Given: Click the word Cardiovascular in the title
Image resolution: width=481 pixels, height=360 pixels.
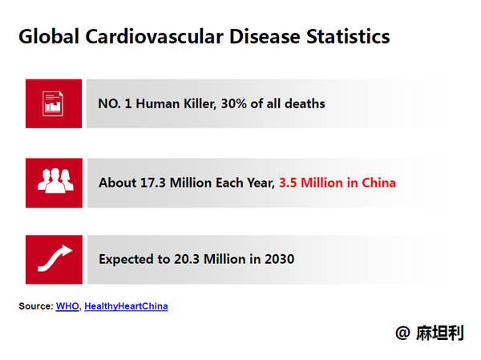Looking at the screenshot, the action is point(154,37).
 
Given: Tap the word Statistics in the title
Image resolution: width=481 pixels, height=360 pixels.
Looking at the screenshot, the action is point(348,37).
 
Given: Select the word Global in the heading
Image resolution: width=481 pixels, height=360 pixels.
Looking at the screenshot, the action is point(49,37).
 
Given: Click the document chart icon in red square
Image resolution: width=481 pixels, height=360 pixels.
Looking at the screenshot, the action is point(53,103).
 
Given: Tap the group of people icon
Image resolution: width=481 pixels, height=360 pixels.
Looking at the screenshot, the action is point(55,180).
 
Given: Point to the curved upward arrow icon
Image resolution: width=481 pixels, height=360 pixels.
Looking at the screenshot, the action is point(55,258).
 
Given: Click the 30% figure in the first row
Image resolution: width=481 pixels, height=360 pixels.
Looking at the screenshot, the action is point(234,103).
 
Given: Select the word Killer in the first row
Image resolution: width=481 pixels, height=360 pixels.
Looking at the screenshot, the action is point(200,103).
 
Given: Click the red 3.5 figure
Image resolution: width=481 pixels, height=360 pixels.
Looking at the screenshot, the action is point(288,183).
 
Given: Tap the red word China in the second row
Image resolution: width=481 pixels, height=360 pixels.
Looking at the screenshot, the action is point(379,183).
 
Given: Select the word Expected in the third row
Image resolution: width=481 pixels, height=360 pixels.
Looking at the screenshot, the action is point(126,260).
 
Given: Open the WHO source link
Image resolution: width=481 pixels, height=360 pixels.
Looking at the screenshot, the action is point(67,306).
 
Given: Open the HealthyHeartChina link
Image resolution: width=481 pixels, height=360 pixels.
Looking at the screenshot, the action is point(126,306).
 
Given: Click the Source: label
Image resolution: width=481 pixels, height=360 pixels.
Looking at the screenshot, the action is point(36,306).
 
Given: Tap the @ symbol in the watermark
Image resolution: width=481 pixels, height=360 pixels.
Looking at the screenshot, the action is point(402,333).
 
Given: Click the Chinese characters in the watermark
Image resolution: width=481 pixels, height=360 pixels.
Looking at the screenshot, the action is point(440,333).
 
